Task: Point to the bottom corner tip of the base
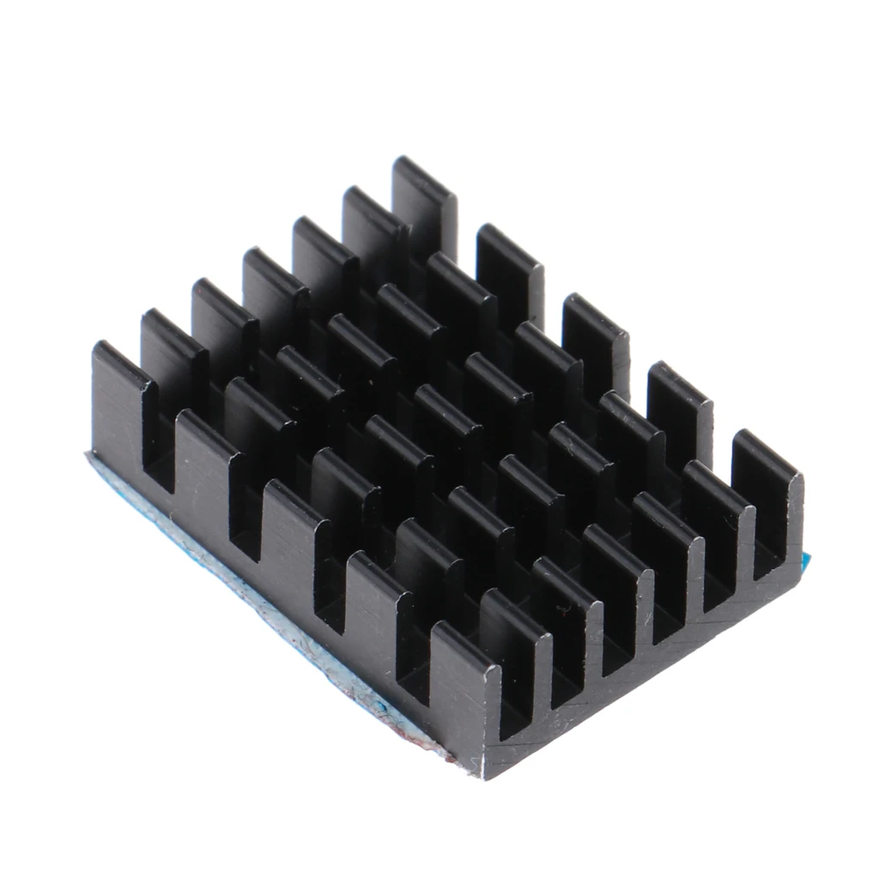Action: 486,768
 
